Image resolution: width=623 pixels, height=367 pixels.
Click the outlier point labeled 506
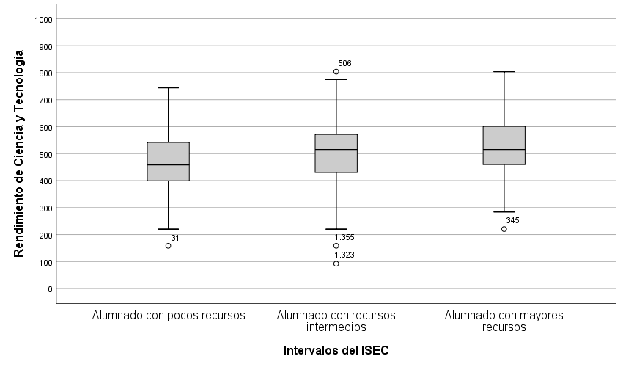(x=336, y=71)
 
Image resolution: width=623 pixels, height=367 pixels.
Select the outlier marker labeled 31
(x=169, y=245)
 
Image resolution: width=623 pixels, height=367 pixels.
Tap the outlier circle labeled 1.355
(x=336, y=246)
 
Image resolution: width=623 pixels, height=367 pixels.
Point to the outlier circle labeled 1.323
(x=336, y=264)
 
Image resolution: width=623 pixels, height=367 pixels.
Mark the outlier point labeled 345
(x=504, y=229)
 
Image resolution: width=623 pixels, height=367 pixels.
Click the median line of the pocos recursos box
(x=169, y=164)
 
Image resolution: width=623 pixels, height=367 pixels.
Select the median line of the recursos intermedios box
(x=336, y=150)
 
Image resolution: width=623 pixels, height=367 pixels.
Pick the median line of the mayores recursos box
(x=504, y=150)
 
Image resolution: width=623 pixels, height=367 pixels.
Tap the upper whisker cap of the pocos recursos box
(x=169, y=88)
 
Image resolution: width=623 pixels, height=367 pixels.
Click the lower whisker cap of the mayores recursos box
(x=504, y=212)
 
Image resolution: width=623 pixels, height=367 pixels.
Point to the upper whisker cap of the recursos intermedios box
(x=336, y=79)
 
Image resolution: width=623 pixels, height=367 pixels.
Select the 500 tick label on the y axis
(x=46, y=154)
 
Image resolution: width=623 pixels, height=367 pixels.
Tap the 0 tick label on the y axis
(x=51, y=288)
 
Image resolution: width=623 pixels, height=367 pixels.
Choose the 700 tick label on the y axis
(x=46, y=100)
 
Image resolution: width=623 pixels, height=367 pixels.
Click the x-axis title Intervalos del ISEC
(x=336, y=351)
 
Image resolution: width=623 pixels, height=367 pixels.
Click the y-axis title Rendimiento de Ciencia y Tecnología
(x=20, y=153)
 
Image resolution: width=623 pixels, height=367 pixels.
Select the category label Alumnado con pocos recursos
(x=169, y=316)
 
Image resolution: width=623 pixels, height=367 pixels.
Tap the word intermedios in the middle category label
(x=336, y=327)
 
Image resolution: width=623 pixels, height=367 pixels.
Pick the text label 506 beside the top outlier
(x=344, y=63)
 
